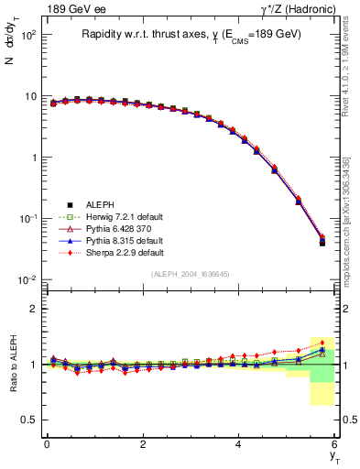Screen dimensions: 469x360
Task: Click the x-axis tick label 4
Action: pyautogui.click(x=238, y=443)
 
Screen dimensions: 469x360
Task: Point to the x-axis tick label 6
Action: pyautogui.click(x=334, y=443)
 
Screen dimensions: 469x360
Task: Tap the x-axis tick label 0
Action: pyautogui.click(x=47, y=443)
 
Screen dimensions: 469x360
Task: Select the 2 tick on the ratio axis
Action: pyautogui.click(x=32, y=309)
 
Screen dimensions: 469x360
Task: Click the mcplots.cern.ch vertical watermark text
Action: pyautogui.click(x=352, y=220)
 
